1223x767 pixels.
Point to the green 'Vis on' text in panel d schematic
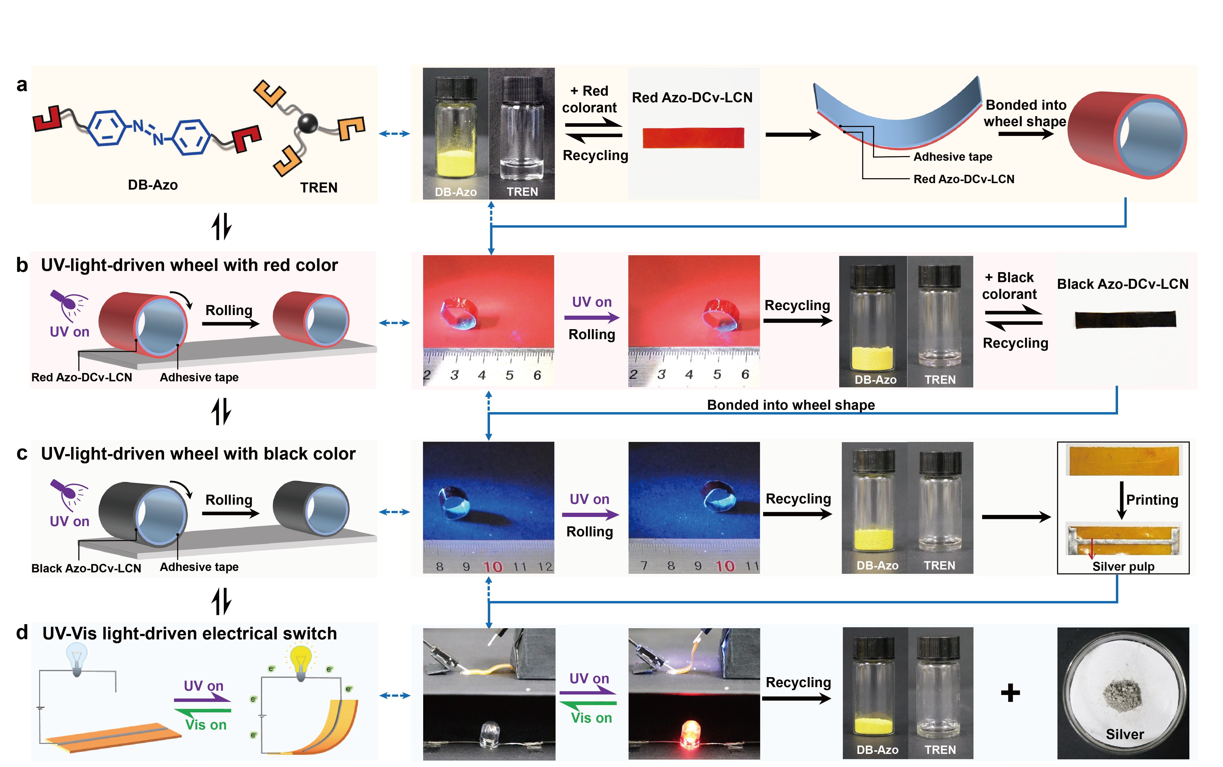205,725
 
